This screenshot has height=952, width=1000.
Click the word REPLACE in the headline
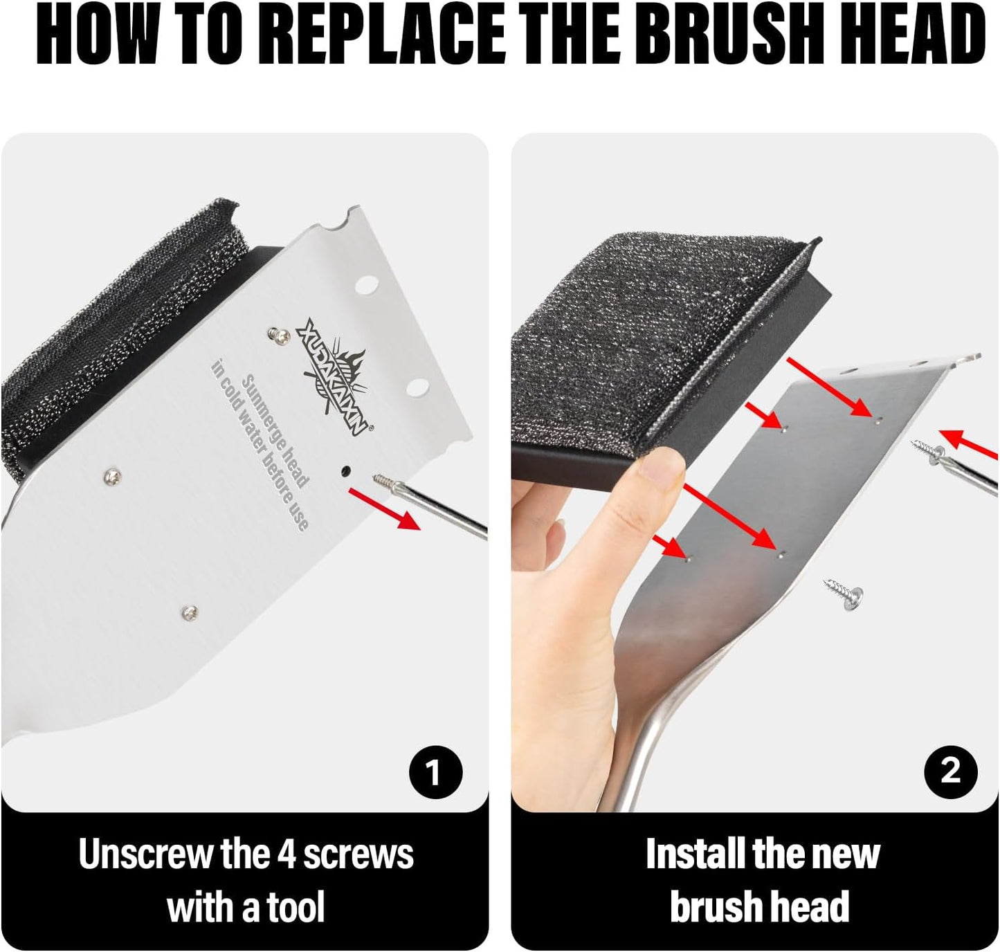click(x=388, y=35)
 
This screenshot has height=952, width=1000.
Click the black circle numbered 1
click(x=435, y=772)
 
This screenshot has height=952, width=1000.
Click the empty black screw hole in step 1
click(x=345, y=470)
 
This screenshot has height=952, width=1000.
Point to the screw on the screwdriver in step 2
click(x=927, y=450)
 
